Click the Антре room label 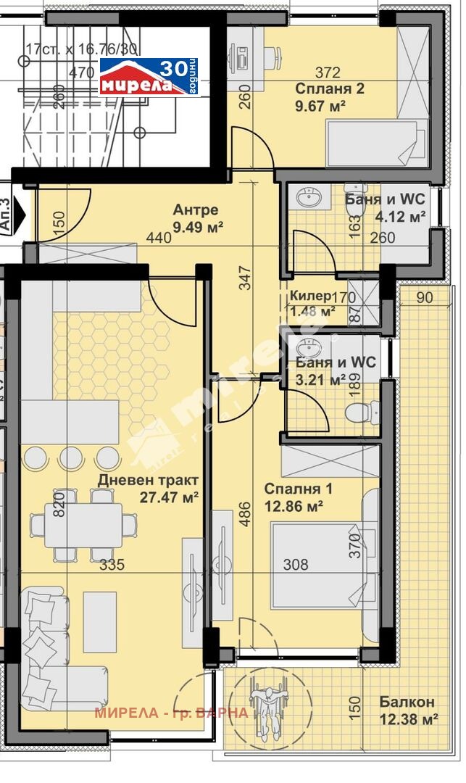(195, 210)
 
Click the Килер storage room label (309, 296)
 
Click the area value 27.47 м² (168, 497)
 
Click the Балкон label (407, 702)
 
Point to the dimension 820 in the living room (59, 501)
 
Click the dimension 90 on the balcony (425, 297)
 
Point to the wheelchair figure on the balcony (267, 707)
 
